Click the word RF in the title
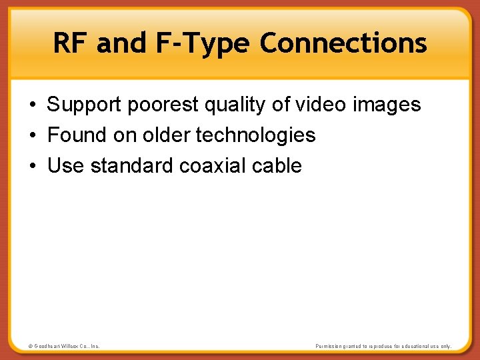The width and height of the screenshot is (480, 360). tap(70, 43)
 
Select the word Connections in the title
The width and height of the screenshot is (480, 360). tap(343, 43)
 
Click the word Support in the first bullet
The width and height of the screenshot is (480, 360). tap(85, 105)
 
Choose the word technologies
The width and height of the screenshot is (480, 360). tap(255, 135)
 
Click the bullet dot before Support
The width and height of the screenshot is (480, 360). tap(32, 105)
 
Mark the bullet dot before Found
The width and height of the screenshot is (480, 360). tap(32, 136)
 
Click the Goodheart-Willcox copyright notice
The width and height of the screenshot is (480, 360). tap(64, 346)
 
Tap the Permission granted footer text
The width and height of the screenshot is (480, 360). tap(383, 346)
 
